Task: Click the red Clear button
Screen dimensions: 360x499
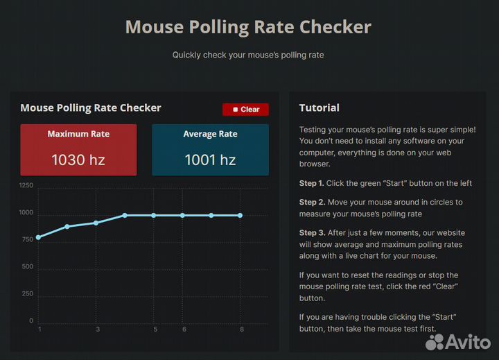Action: [x=245, y=110]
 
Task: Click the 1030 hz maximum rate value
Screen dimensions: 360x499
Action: [x=78, y=160]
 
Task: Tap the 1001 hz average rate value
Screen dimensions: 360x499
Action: [x=210, y=160]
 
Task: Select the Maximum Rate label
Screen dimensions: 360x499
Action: [x=78, y=134]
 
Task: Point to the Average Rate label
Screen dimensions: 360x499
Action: [x=210, y=134]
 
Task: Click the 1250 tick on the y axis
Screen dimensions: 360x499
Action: [x=26, y=186]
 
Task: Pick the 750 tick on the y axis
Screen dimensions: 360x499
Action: [x=26, y=240]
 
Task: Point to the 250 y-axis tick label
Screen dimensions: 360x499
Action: [x=26, y=294]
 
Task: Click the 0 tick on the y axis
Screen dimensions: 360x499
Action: [x=30, y=321]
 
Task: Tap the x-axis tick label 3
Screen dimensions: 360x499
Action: [x=98, y=329]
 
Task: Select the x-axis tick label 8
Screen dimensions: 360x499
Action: [x=241, y=329]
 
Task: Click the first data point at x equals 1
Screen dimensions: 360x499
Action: [x=39, y=237]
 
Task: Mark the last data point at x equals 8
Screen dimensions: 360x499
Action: [x=240, y=215]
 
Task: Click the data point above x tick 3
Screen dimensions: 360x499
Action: [x=96, y=223]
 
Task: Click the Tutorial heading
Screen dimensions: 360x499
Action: [x=319, y=108]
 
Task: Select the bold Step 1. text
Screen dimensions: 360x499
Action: [x=312, y=183]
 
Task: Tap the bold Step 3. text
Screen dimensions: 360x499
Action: [x=312, y=233]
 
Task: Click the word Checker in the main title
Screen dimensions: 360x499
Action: [x=335, y=27]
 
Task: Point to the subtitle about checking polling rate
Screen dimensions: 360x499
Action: [x=248, y=55]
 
